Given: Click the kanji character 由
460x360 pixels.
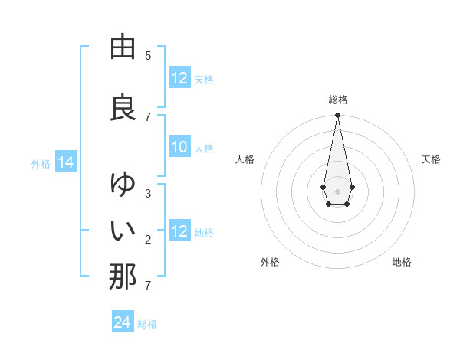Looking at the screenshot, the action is [123, 47].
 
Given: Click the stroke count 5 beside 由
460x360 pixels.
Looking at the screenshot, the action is [148, 55].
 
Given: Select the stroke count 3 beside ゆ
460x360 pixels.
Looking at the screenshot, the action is [148, 193].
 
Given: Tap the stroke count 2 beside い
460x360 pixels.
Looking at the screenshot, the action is [148, 240].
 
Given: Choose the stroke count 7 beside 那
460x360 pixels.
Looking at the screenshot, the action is [148, 286].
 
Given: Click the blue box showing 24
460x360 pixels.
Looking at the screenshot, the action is [123, 322].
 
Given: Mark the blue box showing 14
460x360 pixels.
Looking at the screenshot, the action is [65, 162].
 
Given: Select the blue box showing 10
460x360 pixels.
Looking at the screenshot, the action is [179, 147].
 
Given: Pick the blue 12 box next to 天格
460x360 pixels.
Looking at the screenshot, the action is [179, 78].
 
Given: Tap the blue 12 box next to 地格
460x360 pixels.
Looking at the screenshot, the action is [179, 231].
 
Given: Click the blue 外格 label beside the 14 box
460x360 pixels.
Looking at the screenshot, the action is [41, 163].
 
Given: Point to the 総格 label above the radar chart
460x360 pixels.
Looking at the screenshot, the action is [337, 100].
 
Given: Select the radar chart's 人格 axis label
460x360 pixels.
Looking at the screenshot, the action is [245, 159].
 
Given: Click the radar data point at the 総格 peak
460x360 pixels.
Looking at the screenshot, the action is [337, 116].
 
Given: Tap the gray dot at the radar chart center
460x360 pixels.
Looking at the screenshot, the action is [337, 190].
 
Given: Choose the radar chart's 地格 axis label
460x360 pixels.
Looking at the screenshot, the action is [402, 262].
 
